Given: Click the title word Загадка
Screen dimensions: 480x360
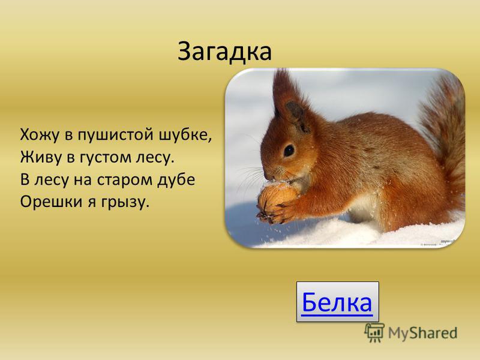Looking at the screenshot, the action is tap(224, 52).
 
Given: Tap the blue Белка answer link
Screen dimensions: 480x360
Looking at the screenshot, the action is tap(337, 302).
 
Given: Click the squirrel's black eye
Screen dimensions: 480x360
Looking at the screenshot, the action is tap(289, 151).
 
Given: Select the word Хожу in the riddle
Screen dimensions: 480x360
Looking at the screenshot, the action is tap(39, 135).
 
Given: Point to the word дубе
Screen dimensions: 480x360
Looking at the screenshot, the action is tap(176, 179).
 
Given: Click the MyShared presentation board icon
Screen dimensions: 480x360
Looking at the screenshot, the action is tap(374, 332).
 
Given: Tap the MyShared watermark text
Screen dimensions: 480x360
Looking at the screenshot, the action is tap(423, 333).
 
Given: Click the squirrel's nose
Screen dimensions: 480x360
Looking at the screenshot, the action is tap(267, 176).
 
